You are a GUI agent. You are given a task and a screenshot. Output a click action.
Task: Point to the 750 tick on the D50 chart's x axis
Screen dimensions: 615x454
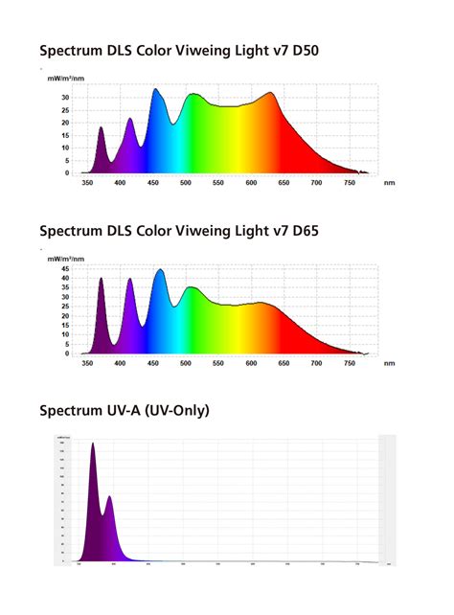pos(350,182)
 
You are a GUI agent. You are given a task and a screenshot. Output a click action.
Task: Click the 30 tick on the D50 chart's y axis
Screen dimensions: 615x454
pos(64,98)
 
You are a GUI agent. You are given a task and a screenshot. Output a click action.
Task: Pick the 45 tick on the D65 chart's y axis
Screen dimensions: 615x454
pos(64,270)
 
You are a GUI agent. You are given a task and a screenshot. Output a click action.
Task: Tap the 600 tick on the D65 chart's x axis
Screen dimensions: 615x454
pos(251,363)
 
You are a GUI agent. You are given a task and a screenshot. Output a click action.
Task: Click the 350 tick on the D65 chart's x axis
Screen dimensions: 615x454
pos(88,363)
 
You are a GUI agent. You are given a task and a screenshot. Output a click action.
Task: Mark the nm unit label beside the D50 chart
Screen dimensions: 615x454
pos(388,182)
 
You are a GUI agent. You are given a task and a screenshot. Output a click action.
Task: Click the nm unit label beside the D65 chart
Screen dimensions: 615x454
pos(388,363)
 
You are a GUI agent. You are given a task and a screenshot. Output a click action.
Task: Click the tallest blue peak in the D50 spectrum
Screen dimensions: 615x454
pos(156,90)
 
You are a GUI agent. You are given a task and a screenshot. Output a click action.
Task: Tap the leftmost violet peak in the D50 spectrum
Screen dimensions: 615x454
pos(101,127)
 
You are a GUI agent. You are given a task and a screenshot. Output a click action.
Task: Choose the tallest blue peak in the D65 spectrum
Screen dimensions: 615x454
pos(159,270)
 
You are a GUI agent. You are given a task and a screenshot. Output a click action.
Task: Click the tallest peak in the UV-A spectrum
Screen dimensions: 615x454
pos(93,444)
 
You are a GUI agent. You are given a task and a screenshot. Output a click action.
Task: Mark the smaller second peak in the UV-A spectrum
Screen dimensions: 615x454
pos(109,497)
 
